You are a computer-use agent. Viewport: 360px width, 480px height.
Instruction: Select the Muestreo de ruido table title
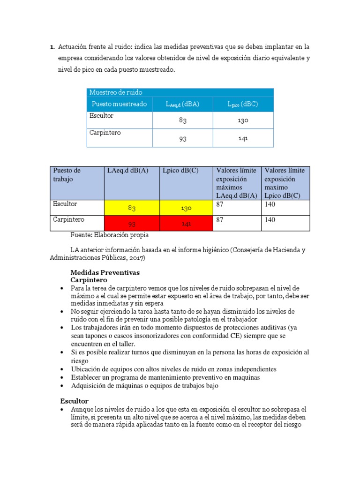[x=116, y=92]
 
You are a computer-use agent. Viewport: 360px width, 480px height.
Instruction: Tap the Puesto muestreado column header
[x=119, y=104]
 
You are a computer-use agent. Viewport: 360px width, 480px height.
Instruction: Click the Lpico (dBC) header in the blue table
[x=243, y=104]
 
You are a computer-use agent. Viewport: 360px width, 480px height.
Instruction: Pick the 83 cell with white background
[x=182, y=120]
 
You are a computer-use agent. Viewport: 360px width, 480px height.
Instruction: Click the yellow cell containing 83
[x=132, y=208]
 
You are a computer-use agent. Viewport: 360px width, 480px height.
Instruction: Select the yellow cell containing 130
[x=186, y=208]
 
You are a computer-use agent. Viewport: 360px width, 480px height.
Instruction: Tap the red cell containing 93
[x=132, y=224]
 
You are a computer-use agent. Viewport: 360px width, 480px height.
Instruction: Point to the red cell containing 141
[x=186, y=224]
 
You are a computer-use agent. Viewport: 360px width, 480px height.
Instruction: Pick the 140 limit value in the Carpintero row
[x=270, y=220]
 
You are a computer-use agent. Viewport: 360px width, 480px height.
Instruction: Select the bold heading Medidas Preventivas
[x=105, y=272]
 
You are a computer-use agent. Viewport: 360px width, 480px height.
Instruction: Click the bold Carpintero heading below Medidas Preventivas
[x=89, y=280]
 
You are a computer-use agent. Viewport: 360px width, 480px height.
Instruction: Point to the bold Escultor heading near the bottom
[x=75, y=401]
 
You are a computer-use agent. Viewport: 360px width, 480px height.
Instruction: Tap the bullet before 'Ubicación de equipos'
[x=63, y=369]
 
